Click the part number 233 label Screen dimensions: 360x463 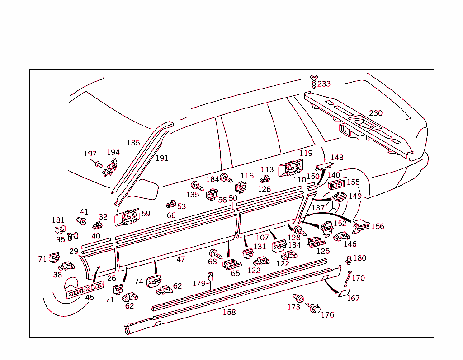click(324, 84)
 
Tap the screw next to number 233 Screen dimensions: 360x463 click(313, 82)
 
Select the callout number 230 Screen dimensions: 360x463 click(376, 113)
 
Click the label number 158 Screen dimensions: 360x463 click(229, 312)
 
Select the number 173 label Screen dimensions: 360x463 click(293, 307)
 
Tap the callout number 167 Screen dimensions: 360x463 click(353, 298)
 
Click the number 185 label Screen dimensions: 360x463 click(133, 143)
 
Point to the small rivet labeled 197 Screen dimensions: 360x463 click(98, 163)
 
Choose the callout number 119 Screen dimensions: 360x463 click(306, 154)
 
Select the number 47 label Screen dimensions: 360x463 click(181, 259)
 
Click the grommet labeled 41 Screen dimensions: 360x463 click(82, 221)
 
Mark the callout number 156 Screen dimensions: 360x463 click(378, 226)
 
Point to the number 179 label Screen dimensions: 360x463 click(198, 284)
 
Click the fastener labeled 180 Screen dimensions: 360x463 click(349, 260)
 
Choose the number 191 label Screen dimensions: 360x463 click(161, 158)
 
